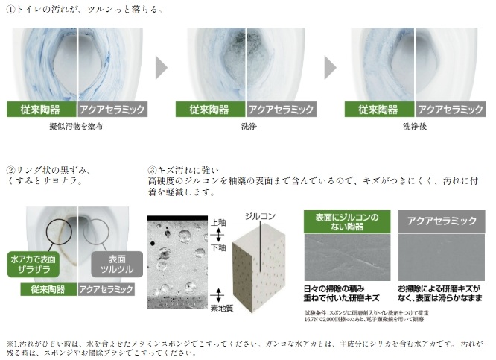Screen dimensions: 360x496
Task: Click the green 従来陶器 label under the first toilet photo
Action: point(39,110)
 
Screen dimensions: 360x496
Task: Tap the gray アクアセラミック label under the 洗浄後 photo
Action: point(450,110)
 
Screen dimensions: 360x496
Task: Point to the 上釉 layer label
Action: point(218,223)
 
